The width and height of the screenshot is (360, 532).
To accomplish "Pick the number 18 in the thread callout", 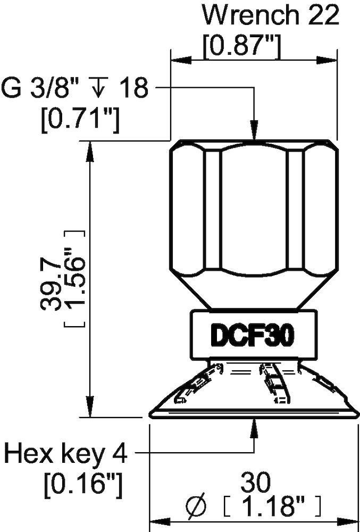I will pyautogui.click(x=133, y=88).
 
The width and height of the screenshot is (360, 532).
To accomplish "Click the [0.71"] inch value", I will pyautogui.click(x=80, y=120).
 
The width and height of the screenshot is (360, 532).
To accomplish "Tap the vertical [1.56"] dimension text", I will pyautogui.click(x=74, y=279).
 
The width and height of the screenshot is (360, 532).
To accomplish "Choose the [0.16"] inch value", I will pyautogui.click(x=84, y=485).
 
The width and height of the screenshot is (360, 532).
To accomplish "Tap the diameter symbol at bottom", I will pyautogui.click(x=197, y=506).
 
